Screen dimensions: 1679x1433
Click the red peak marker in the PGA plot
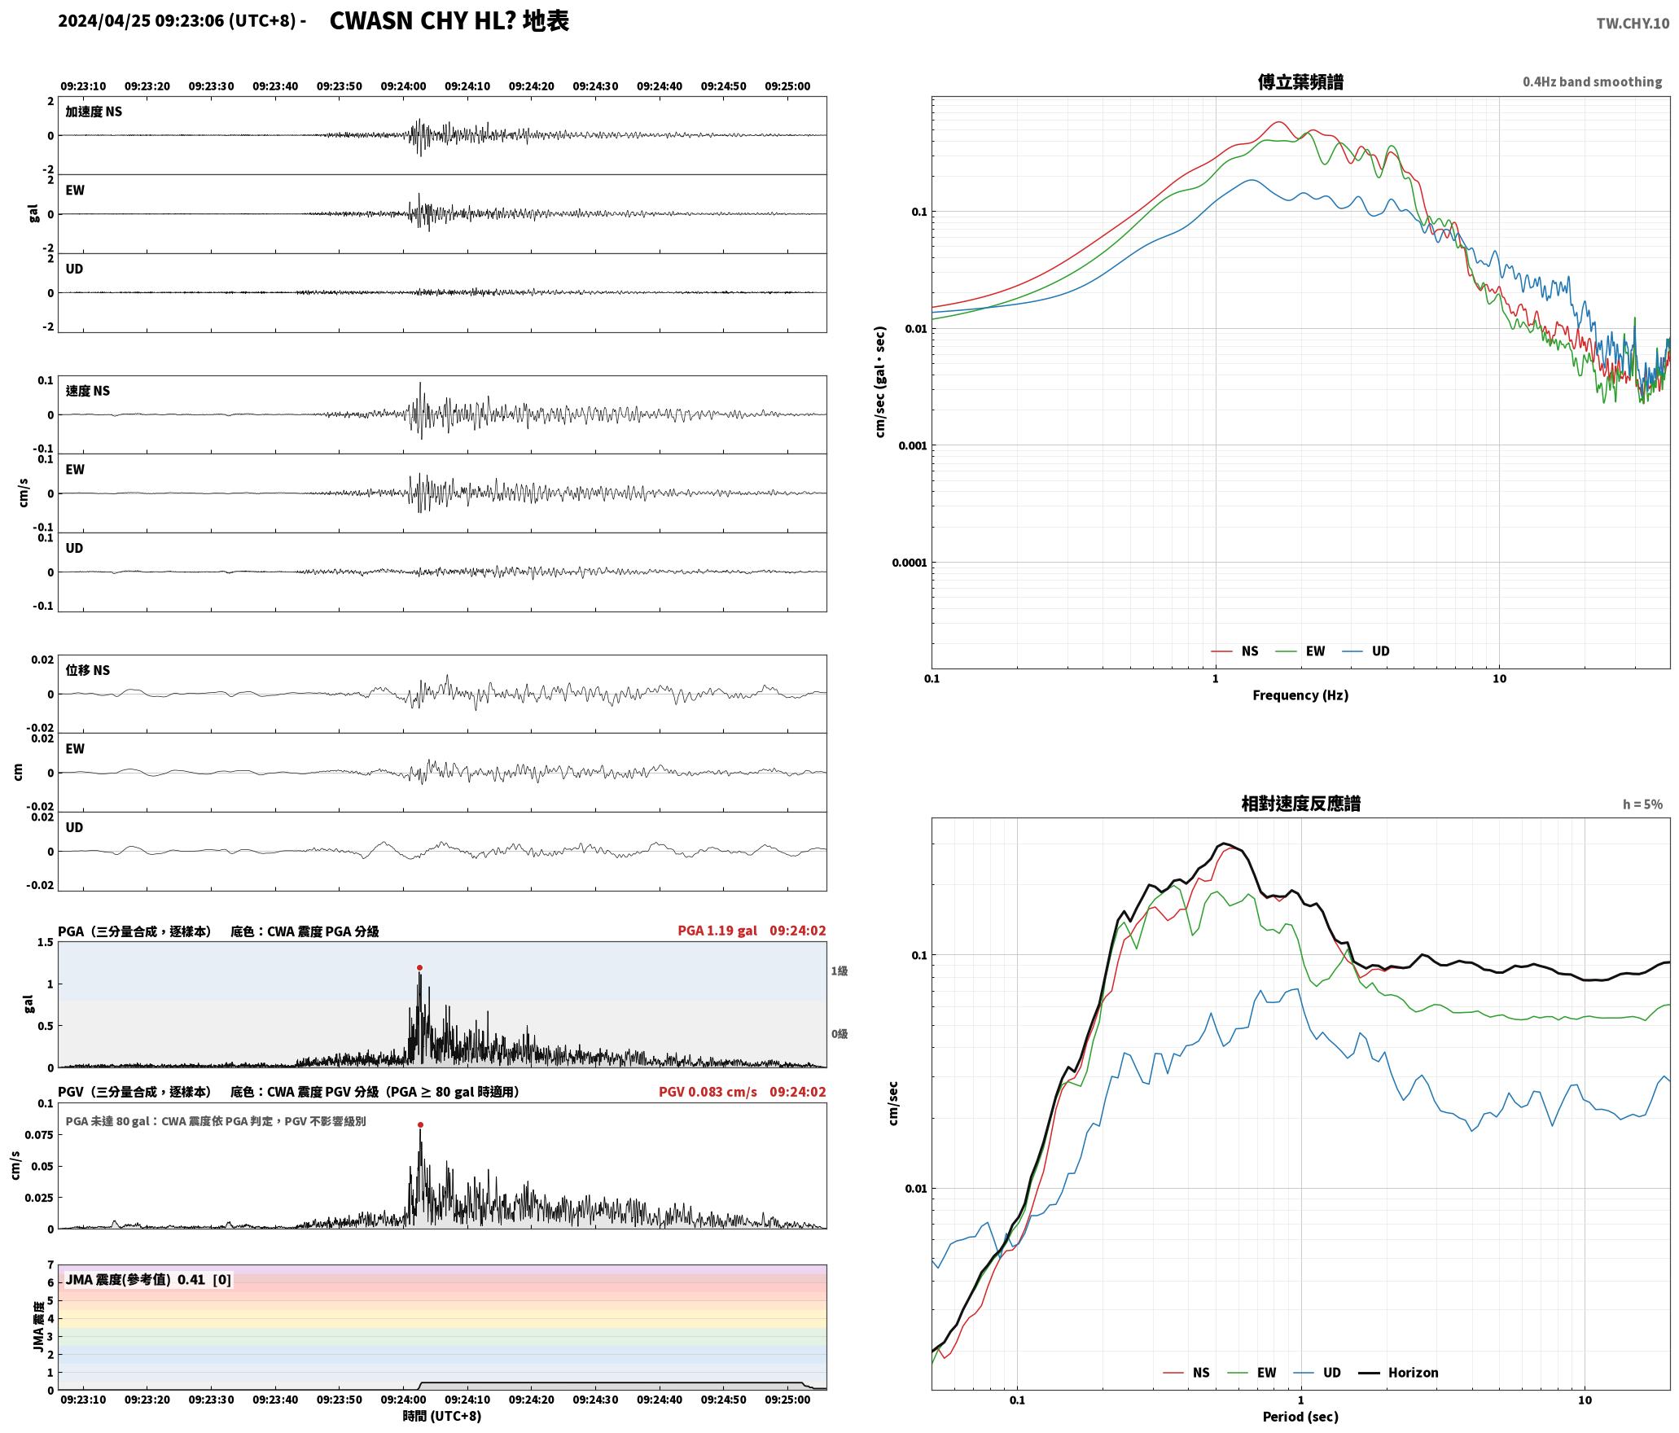coord(419,967)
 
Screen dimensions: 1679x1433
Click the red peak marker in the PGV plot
coord(420,1124)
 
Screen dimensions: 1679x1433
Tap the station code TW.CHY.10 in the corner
coord(1633,24)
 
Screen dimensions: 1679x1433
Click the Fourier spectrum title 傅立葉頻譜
coord(1300,81)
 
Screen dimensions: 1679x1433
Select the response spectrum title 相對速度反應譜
coord(1300,803)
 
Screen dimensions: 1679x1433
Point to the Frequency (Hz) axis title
coord(1300,695)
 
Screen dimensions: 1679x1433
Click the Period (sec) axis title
coord(1300,1416)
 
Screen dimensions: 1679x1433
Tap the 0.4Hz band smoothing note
coord(1593,81)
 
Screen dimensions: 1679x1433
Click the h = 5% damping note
coord(1642,804)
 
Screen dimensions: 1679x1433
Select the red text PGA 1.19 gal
coord(717,930)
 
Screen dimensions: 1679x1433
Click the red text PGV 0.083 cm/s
coord(708,1091)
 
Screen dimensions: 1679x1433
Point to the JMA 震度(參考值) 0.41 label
coord(135,1279)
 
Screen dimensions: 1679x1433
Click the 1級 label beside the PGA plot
coord(839,971)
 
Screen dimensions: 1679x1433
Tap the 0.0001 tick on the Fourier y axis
coord(910,563)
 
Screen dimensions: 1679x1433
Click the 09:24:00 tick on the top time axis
coord(403,85)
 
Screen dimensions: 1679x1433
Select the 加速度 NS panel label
coord(94,112)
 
